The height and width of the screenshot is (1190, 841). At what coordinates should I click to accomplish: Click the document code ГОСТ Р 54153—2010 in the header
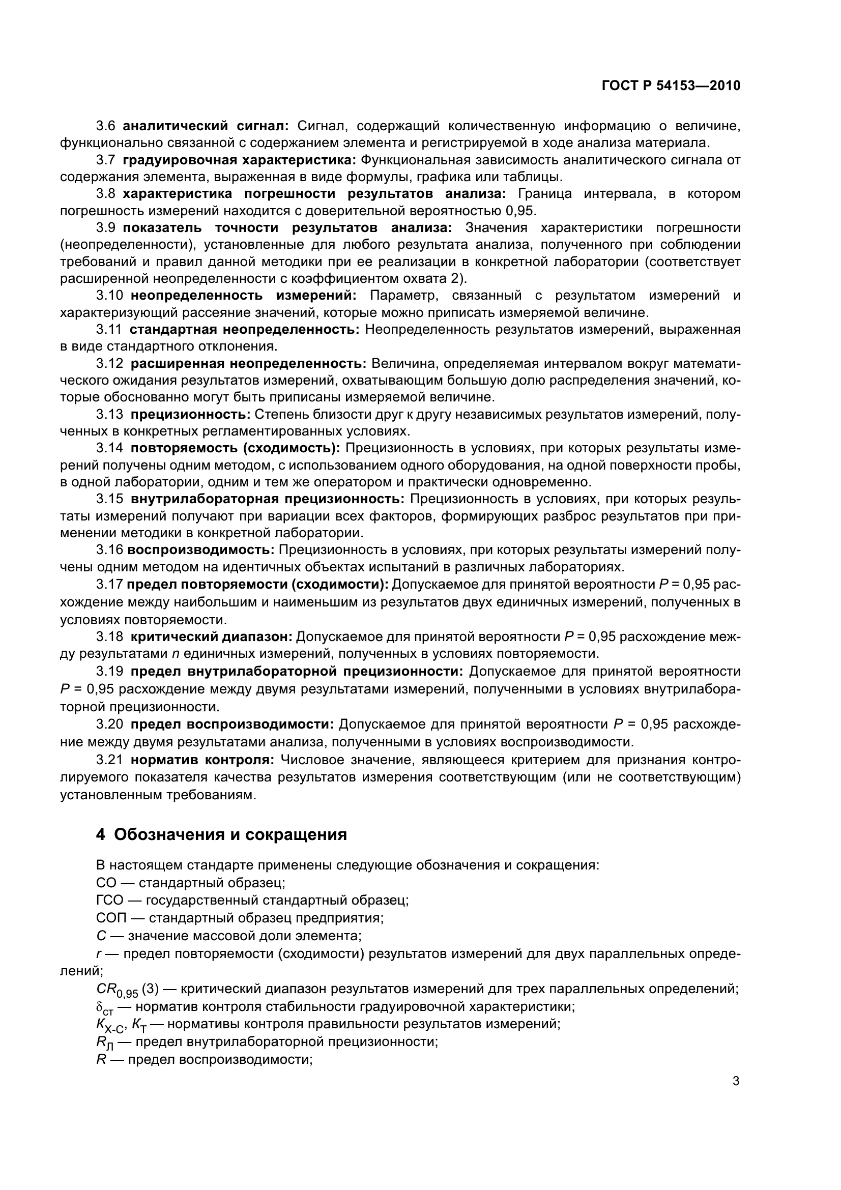click(671, 86)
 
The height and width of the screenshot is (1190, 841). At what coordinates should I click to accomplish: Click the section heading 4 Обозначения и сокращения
click(221, 835)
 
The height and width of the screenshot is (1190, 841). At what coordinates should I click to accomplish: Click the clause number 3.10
click(109, 296)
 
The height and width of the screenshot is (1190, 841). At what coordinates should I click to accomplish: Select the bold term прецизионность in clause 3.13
click(190, 415)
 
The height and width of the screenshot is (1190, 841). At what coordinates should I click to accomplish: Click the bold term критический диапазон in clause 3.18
click(212, 636)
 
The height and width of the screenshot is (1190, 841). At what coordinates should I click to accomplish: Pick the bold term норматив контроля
click(202, 760)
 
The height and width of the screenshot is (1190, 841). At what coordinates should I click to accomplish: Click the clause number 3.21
click(109, 760)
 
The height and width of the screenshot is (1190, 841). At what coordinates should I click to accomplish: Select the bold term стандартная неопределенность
click(244, 330)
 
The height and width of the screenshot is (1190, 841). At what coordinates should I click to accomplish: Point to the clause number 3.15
click(109, 499)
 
